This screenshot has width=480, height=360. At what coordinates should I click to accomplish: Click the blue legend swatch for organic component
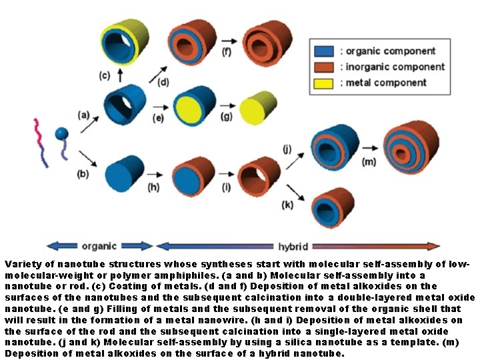point(324,51)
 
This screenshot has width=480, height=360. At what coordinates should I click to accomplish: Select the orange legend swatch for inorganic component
point(324,67)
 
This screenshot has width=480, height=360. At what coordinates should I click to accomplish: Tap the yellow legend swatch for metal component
point(324,83)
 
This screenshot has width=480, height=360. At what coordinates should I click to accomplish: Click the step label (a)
point(83,114)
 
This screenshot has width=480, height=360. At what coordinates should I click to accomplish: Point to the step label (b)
point(82,175)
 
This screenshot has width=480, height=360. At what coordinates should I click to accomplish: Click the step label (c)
point(105,75)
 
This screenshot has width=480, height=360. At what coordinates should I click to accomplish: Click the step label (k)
point(287,205)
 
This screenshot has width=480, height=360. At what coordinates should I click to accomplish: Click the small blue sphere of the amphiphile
point(61,133)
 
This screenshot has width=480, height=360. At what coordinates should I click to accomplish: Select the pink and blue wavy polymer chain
point(44,140)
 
